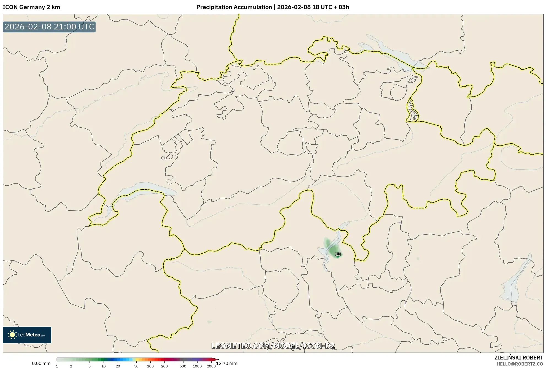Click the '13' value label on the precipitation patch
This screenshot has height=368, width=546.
click(338, 254)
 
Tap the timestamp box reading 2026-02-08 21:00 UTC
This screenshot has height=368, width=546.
click(49, 27)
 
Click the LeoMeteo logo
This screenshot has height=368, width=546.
click(27, 335)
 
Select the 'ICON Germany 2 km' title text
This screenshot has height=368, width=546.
click(31, 7)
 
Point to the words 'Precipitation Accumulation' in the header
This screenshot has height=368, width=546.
click(234, 7)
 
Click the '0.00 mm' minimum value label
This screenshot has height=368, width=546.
click(41, 363)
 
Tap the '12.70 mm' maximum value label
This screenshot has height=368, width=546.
click(226, 363)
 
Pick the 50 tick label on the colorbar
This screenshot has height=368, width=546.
click(136, 366)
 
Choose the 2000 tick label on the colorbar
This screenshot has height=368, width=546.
click(211, 366)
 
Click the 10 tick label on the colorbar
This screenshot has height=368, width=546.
click(104, 366)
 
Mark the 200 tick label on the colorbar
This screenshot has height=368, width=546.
click(164, 366)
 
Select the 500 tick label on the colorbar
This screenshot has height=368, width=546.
click(183, 366)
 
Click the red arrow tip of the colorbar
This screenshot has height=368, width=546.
click(217, 359)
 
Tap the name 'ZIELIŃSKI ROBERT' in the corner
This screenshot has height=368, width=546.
click(519, 358)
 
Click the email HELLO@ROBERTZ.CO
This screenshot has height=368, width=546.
click(520, 364)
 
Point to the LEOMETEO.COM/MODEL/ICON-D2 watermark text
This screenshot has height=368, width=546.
click(273, 346)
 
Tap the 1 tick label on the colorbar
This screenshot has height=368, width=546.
click(57, 366)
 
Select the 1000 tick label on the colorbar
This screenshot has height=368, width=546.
click(197, 366)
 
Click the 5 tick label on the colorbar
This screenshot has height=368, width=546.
click(90, 366)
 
